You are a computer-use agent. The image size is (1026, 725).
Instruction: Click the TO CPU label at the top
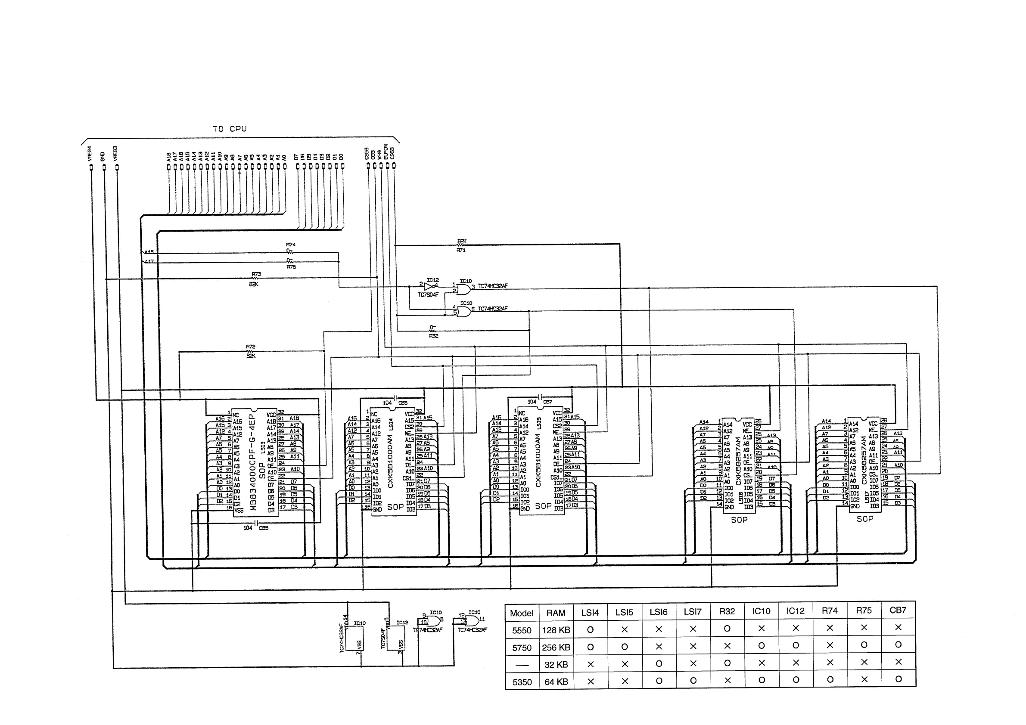click(x=230, y=129)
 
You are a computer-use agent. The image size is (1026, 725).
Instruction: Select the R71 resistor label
click(x=461, y=250)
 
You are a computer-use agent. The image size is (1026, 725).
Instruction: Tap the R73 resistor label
click(x=256, y=274)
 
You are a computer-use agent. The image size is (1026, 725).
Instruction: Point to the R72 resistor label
click(x=250, y=346)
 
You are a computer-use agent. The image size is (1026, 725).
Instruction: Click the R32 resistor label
click(x=433, y=336)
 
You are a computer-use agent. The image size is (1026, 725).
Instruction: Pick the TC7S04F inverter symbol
click(x=429, y=286)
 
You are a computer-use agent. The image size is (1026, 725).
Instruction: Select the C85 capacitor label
click(x=264, y=528)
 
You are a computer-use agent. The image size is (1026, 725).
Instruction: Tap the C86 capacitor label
click(x=403, y=403)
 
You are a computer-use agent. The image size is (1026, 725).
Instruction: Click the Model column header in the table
click(x=522, y=613)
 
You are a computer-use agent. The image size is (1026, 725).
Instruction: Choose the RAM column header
click(x=556, y=613)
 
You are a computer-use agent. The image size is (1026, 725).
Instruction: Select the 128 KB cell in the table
click(x=556, y=630)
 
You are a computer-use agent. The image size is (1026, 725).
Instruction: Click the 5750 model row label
click(x=522, y=648)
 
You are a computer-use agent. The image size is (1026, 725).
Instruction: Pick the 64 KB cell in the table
click(x=556, y=682)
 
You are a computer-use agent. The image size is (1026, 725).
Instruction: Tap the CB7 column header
click(x=898, y=610)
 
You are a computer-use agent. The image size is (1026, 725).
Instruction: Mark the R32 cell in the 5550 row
click(x=727, y=629)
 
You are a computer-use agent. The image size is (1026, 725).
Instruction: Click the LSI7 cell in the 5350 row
click(x=693, y=681)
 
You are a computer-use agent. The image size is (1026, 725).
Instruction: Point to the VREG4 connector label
click(x=89, y=153)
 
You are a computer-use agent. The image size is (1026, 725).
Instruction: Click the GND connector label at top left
click(x=103, y=156)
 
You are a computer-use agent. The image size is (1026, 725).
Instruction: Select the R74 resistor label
click(x=290, y=245)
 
